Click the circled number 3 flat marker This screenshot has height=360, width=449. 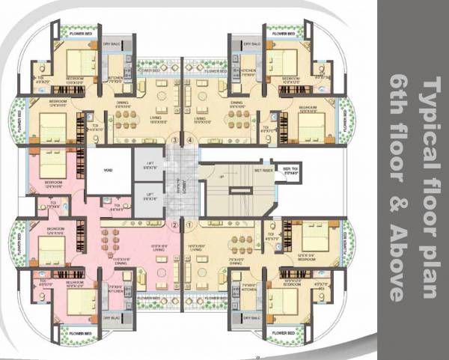tap(175, 139)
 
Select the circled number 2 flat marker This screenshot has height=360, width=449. tap(175, 223)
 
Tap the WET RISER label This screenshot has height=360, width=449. tap(263, 170)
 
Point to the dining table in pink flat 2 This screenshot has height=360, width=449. tap(116, 242)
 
